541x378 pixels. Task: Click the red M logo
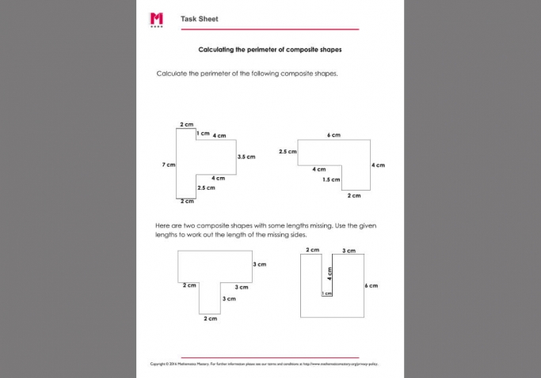pyautogui.click(x=156, y=19)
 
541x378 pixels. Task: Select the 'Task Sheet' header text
pyautogui.click(x=199, y=19)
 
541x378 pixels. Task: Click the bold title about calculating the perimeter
pyautogui.click(x=269, y=49)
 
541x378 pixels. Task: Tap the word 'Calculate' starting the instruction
pyautogui.click(x=173, y=73)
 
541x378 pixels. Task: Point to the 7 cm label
pyautogui.click(x=168, y=164)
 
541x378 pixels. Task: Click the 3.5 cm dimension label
pyautogui.click(x=246, y=157)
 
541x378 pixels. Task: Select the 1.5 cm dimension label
pyautogui.click(x=331, y=180)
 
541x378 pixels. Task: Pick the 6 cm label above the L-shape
pyautogui.click(x=333, y=135)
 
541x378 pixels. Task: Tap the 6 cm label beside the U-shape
pyautogui.click(x=371, y=285)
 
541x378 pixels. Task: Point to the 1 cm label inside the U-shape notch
pyautogui.click(x=326, y=293)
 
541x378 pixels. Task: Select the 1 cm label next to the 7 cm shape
pyautogui.click(x=204, y=133)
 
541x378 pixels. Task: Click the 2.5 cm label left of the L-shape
pyautogui.click(x=288, y=151)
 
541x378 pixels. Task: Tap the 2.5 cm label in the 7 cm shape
pyautogui.click(x=206, y=187)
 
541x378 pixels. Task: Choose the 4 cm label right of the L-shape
pyautogui.click(x=378, y=164)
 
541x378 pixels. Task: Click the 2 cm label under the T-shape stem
pyautogui.click(x=210, y=318)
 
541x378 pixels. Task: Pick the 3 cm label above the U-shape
pyautogui.click(x=349, y=250)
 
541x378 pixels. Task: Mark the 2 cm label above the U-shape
pyautogui.click(x=312, y=250)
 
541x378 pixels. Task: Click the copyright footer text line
pyautogui.click(x=269, y=365)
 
